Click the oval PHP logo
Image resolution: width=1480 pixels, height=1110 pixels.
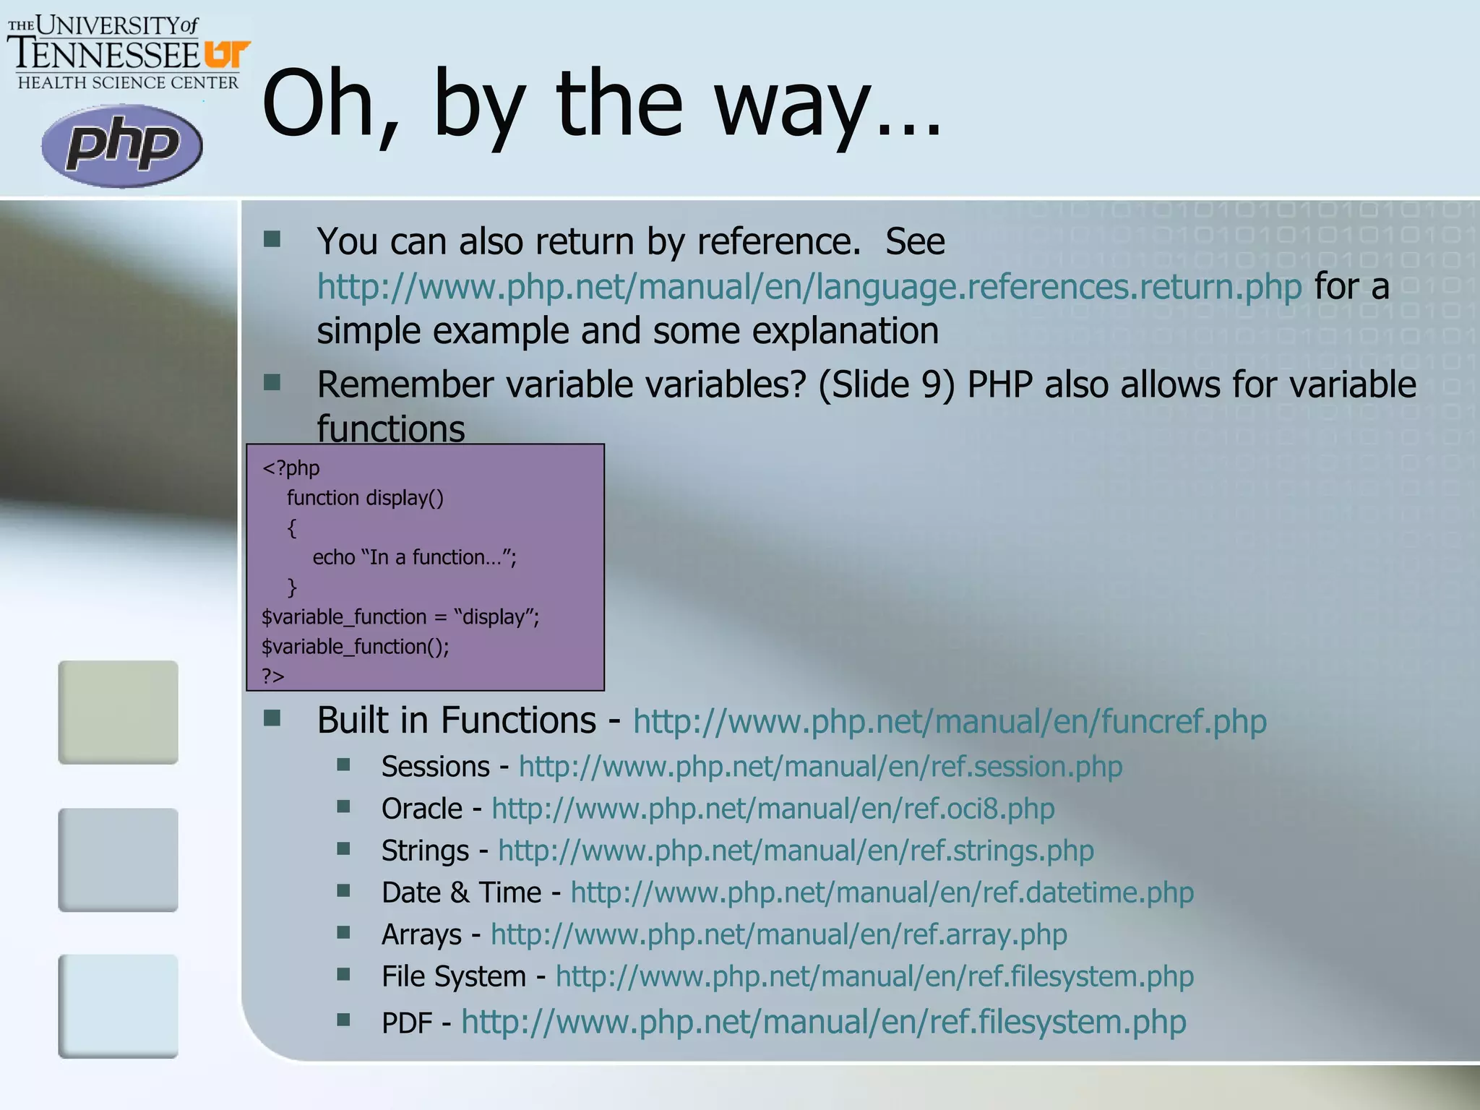pyautogui.click(x=121, y=145)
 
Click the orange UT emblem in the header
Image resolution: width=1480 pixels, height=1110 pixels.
pyautogui.click(x=226, y=54)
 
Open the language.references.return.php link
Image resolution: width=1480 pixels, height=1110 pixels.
pyautogui.click(x=809, y=286)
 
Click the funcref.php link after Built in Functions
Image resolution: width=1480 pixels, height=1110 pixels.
pyautogui.click(x=950, y=721)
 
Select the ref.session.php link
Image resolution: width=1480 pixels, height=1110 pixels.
pyautogui.click(x=820, y=766)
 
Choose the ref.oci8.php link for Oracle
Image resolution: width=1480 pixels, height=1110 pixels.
pyautogui.click(x=773, y=809)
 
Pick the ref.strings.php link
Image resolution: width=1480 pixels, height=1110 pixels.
pyautogui.click(x=796, y=851)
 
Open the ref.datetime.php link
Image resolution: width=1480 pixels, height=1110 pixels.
pyautogui.click(x=882, y=892)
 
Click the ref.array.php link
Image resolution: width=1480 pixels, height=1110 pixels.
pyautogui.click(x=778, y=934)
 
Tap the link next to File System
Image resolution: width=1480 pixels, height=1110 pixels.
pyautogui.click(x=874, y=976)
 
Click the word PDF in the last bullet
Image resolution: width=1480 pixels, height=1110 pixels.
pyautogui.click(x=407, y=1023)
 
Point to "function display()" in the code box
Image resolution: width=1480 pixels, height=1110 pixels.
pyautogui.click(x=365, y=498)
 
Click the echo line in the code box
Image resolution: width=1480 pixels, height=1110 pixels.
pyautogui.click(x=414, y=557)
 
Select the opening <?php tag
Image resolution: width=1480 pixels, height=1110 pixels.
pyautogui.click(x=291, y=468)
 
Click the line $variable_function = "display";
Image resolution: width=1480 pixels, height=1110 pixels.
pyautogui.click(x=400, y=617)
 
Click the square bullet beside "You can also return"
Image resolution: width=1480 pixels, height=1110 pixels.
pyautogui.click(x=272, y=239)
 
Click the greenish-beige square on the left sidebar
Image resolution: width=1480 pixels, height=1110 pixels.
pyautogui.click(x=119, y=712)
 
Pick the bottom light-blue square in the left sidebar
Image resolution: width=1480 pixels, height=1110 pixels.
pyautogui.click(x=119, y=1006)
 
